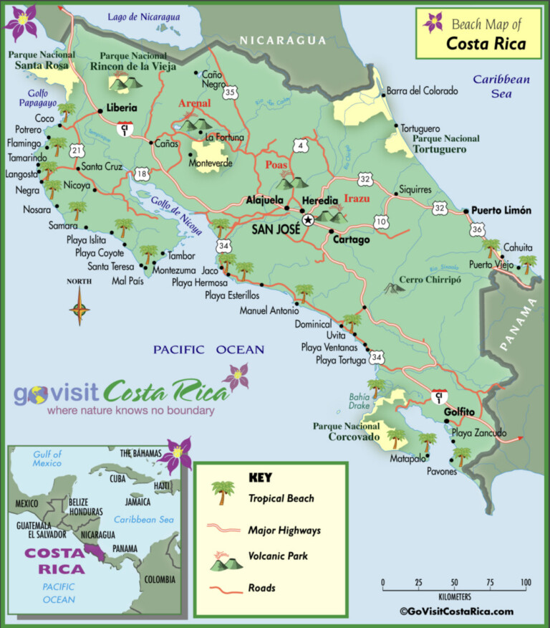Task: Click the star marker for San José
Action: (x=308, y=220)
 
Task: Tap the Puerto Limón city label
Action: (x=501, y=211)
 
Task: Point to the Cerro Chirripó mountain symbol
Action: (x=392, y=288)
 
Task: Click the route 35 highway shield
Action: (x=230, y=92)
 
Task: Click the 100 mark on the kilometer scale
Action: (x=525, y=582)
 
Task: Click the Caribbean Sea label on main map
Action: (x=501, y=86)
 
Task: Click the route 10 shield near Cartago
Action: (x=381, y=221)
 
